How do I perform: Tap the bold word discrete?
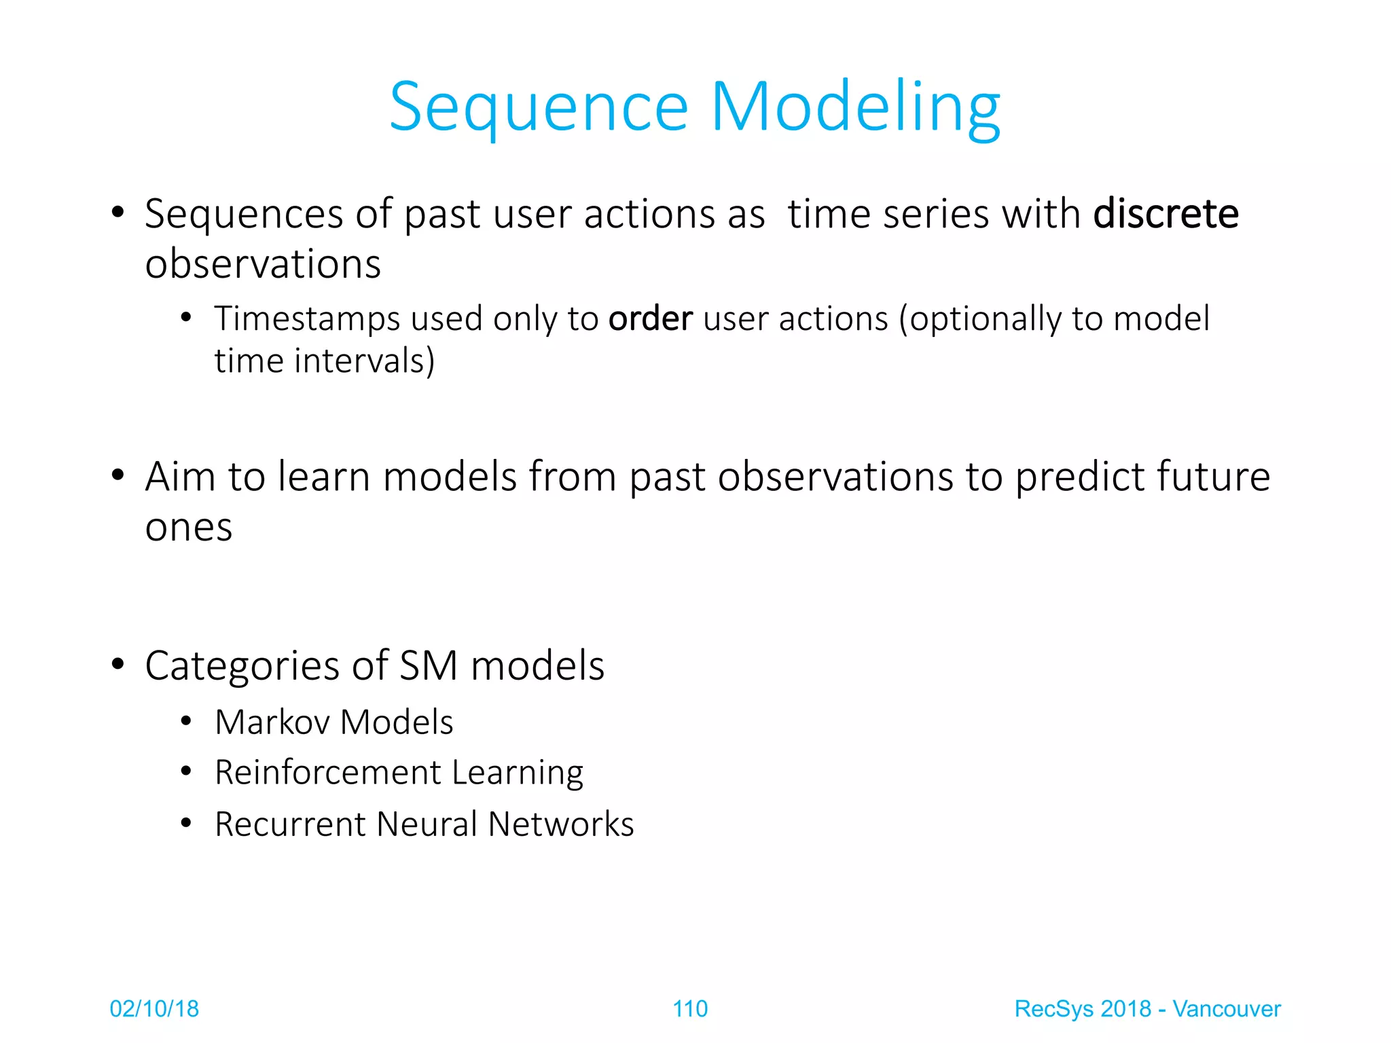1166,214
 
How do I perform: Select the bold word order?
650,318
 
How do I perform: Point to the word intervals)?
364,361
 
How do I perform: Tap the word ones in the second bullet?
188,528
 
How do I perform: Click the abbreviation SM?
428,665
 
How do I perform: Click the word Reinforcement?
327,773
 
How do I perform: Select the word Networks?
560,824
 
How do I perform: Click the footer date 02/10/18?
154,1009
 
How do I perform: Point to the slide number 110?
689,1009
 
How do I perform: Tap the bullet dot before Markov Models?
186,721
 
